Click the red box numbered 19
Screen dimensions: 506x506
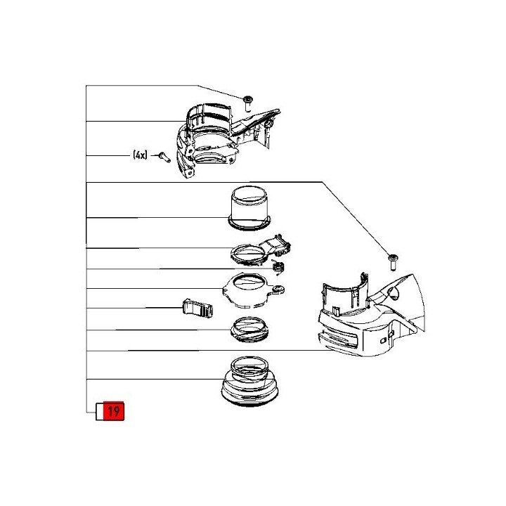[x=114, y=411]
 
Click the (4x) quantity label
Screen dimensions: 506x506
[x=140, y=155]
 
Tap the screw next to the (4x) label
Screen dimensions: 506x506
[x=164, y=157]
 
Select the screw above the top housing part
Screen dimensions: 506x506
[x=248, y=102]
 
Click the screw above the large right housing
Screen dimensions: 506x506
[x=393, y=262]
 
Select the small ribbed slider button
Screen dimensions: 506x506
[x=197, y=309]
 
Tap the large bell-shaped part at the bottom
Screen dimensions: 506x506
[x=249, y=381]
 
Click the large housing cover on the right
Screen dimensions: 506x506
[x=371, y=316]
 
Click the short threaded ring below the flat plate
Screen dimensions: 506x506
[x=249, y=330]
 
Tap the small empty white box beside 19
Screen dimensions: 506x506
[x=99, y=412]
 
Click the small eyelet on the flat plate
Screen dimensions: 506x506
[x=278, y=290]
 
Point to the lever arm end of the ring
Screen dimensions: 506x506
[x=278, y=245]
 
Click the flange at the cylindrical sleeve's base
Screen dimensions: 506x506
[x=249, y=223]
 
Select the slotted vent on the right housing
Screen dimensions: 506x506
[x=338, y=340]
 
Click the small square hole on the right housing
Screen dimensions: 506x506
[x=383, y=340]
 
